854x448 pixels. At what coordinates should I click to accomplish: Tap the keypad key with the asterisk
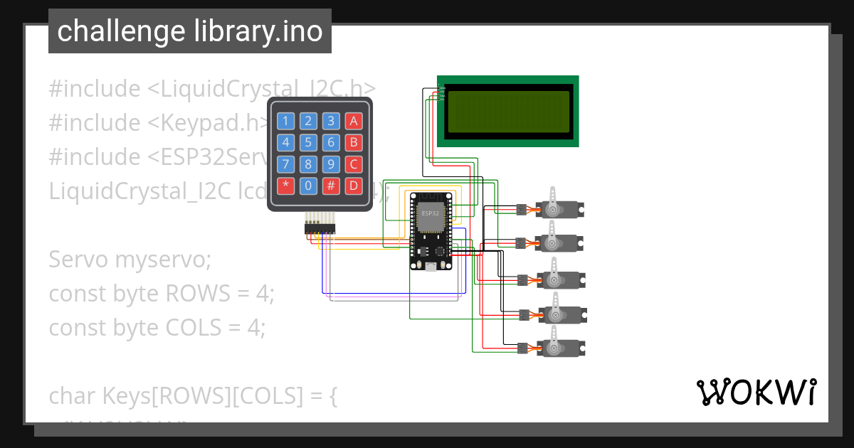pos(285,186)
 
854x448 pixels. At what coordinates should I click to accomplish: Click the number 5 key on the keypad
pos(308,142)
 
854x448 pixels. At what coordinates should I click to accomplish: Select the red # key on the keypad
pos(331,186)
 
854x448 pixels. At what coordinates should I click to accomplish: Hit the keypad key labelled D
pos(353,186)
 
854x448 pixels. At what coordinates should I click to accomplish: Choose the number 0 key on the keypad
pos(308,186)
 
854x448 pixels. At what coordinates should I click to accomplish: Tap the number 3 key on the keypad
pos(331,121)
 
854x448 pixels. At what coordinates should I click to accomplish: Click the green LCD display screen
pos(508,111)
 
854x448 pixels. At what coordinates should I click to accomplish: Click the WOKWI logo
pos(756,392)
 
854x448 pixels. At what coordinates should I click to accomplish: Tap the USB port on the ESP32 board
pos(431,267)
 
